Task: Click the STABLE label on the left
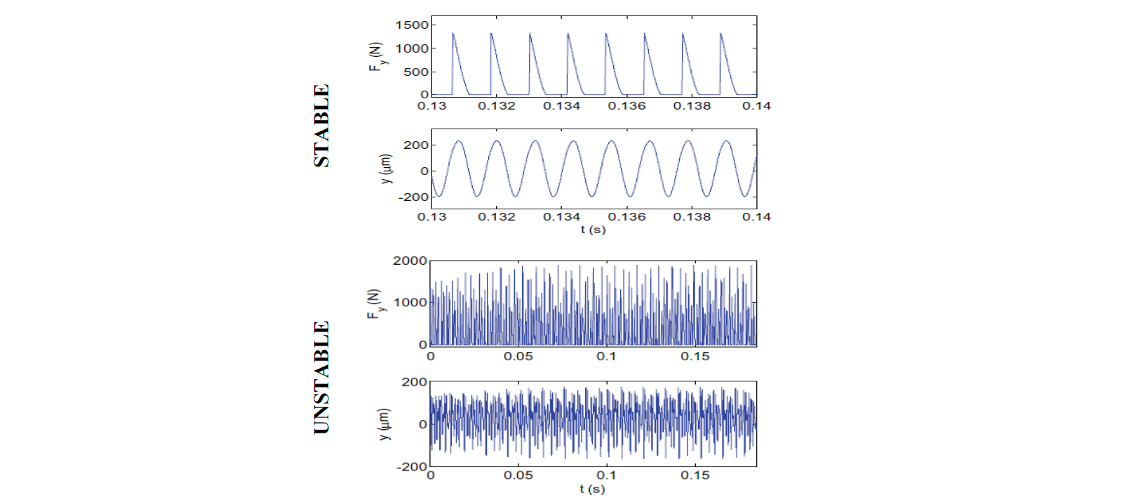(321, 126)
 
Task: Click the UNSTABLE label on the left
(321, 378)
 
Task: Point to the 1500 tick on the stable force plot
(411, 25)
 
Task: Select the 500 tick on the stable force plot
(416, 72)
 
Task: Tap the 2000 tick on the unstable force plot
(410, 261)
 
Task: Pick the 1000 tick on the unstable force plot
(410, 303)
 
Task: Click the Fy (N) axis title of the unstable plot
(375, 304)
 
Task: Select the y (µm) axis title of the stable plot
(386, 169)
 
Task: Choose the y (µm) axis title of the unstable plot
(384, 424)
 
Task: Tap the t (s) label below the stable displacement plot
(593, 230)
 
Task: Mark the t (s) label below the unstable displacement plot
(592, 489)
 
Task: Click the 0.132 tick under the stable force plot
(497, 106)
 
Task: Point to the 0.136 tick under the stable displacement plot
(626, 217)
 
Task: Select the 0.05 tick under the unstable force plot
(518, 357)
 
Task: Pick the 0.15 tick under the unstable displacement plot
(695, 476)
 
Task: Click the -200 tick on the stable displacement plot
(413, 197)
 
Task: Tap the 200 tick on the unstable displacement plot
(414, 382)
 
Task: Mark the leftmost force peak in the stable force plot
(453, 34)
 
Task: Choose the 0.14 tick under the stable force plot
(756, 106)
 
